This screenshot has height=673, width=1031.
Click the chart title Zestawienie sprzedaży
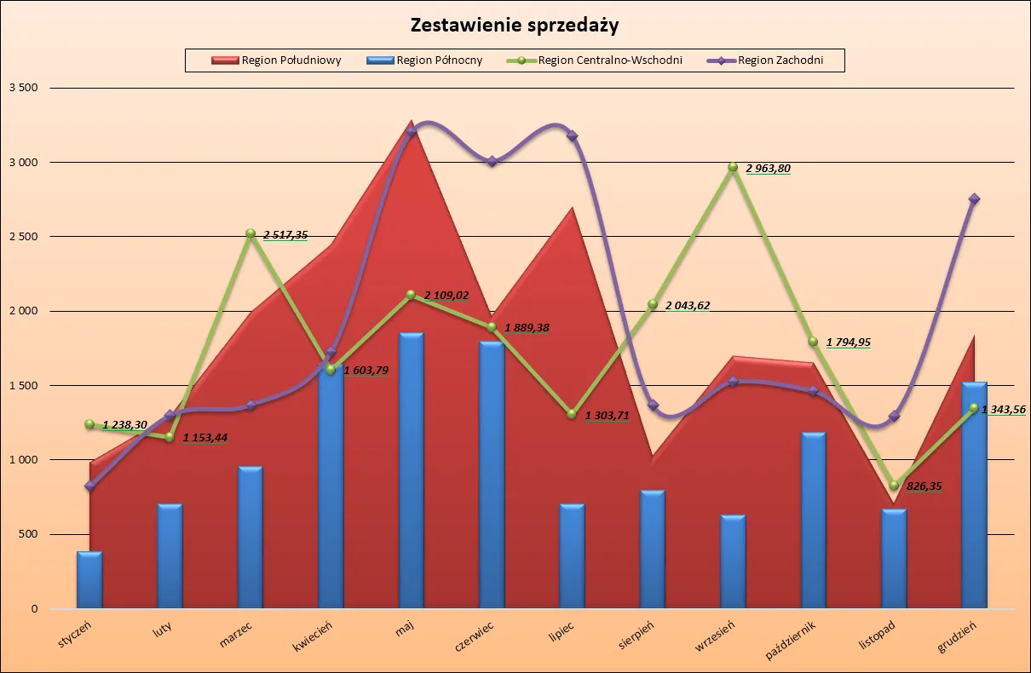coord(515,25)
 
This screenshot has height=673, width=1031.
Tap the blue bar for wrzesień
coord(733,561)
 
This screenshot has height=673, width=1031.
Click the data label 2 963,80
coord(768,169)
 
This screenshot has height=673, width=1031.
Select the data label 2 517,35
coord(285,234)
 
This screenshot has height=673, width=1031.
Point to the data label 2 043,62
coord(687,306)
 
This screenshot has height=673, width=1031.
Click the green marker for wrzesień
coord(733,167)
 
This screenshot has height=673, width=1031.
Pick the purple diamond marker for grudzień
coord(974,198)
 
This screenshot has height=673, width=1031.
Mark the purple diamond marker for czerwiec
coord(492,161)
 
